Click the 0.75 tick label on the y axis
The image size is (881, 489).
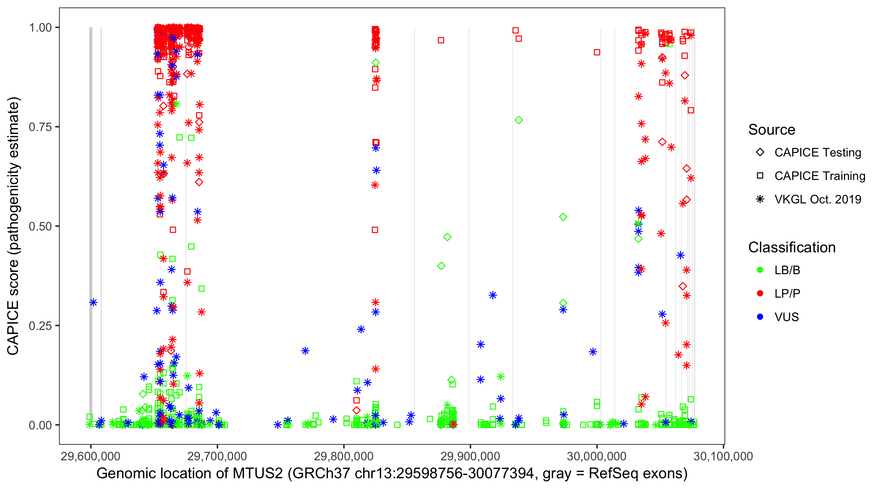point(40,127)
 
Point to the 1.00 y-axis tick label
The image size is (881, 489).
point(40,27)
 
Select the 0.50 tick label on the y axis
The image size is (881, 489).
point(40,226)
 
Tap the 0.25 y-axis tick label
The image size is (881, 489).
point(40,326)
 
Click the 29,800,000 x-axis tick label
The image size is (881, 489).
point(343,456)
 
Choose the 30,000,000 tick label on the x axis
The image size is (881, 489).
point(596,456)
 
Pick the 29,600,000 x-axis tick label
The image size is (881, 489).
point(90,456)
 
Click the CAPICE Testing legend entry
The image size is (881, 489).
point(817,153)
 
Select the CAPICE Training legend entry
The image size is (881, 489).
point(819,176)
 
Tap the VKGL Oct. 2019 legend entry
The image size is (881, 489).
point(817,199)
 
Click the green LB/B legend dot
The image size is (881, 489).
point(760,270)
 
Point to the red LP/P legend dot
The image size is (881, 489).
point(760,293)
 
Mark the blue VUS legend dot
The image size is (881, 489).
point(760,317)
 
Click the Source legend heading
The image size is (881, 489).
point(772,130)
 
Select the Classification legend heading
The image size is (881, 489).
point(792,247)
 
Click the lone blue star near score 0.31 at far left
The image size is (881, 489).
point(93,303)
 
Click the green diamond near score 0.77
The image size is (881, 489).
point(518,120)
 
